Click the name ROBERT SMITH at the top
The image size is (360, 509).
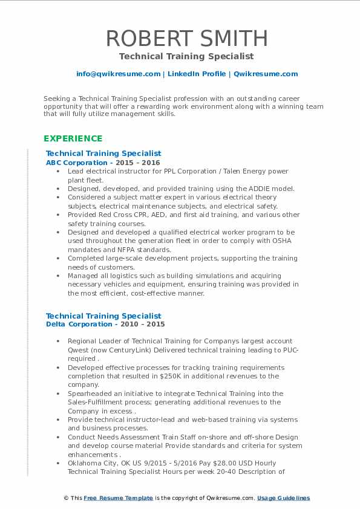[187, 38]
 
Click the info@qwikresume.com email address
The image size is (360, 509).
[117, 74]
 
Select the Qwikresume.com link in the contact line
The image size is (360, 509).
[266, 74]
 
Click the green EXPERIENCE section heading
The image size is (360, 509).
[73, 138]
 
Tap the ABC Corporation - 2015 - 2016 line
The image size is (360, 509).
[103, 163]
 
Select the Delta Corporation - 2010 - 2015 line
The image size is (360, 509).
[105, 324]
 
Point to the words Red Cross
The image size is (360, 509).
[117, 215]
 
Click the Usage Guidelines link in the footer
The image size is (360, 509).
[283, 498]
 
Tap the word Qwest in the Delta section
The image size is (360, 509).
[79, 349]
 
